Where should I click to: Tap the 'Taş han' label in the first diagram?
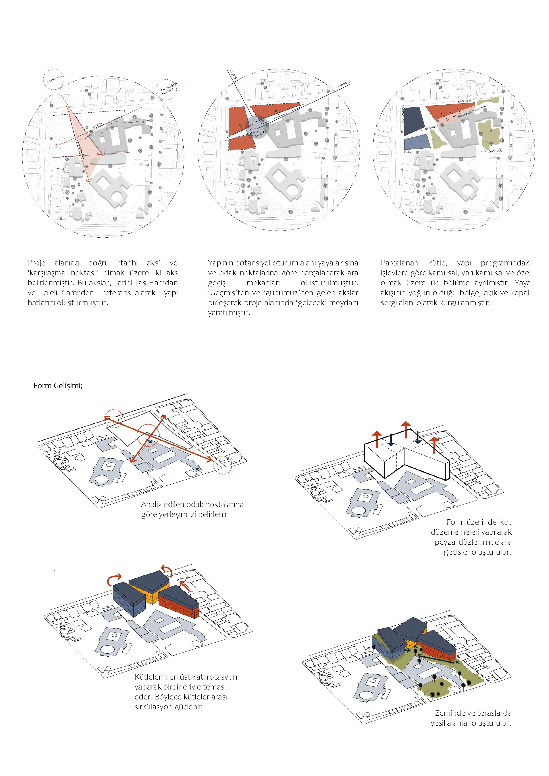[x=97, y=125]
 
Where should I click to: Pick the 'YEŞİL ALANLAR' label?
[x=491, y=151]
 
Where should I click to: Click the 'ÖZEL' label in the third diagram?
[x=408, y=152]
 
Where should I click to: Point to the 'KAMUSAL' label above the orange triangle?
[x=464, y=101]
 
